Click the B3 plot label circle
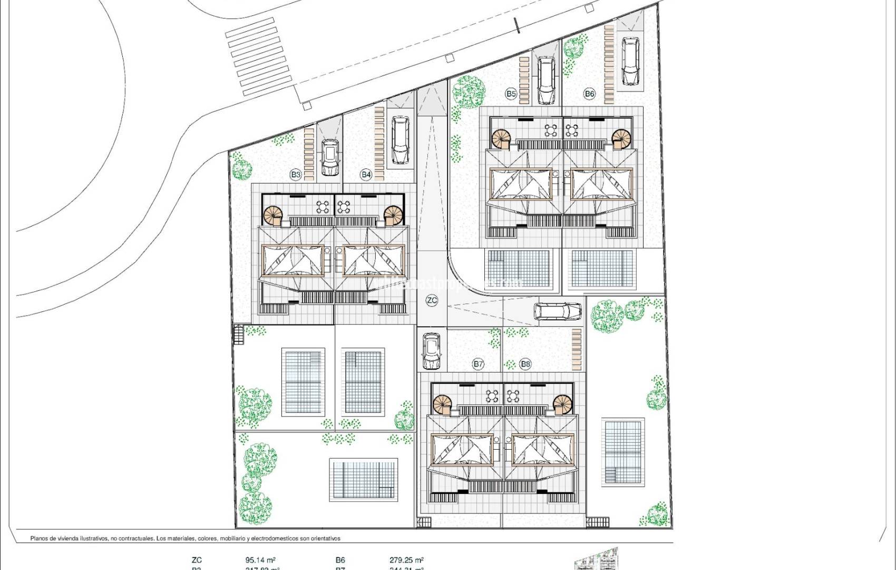296,175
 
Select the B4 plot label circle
366,175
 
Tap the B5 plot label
511,94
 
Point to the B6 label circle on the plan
589,94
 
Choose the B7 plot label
478,364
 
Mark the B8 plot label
525,364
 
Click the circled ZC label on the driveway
432,301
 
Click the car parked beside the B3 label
330,157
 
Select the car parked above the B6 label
630,61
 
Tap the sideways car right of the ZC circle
558,311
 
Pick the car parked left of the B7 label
432,352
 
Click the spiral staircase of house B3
274,216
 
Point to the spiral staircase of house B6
621,139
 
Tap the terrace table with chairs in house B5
550,130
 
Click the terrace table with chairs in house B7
492,396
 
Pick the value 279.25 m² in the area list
403,560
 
